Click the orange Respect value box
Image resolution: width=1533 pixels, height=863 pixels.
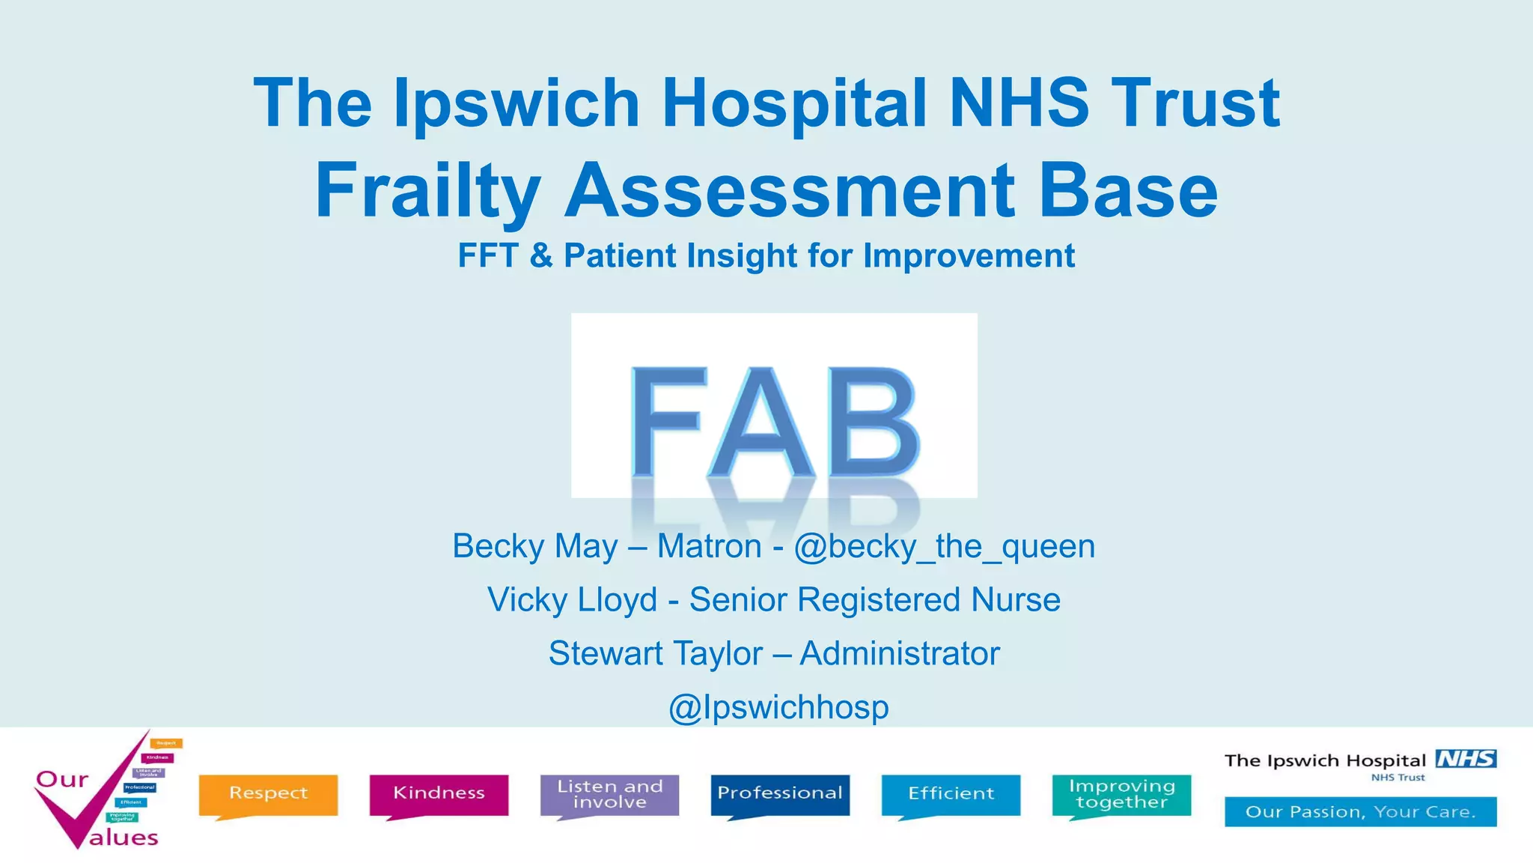pos(268,793)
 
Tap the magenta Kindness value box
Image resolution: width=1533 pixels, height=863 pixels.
pos(439,793)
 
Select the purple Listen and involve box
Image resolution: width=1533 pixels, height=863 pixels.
pos(609,793)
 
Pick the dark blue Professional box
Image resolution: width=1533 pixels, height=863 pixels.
pos(780,793)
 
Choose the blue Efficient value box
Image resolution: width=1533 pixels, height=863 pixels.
pos(951,793)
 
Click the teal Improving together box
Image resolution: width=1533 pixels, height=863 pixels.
pos(1121,793)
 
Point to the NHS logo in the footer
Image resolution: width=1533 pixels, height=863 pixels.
pos(1466,759)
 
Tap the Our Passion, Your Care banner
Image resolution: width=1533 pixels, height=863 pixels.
pos(1360,812)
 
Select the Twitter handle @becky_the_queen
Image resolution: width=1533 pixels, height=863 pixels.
pos(944,546)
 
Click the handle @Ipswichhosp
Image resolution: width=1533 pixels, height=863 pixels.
pos(778,707)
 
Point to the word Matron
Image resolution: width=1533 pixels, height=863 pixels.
pos(709,546)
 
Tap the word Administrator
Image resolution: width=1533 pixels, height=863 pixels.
pos(900,653)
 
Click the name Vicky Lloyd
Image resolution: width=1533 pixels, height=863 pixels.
pos(572,600)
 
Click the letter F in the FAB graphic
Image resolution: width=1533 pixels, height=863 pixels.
pos(668,422)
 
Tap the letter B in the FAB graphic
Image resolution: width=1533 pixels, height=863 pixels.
pos(874,422)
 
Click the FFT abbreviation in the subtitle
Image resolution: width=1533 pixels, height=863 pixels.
pos(488,255)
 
